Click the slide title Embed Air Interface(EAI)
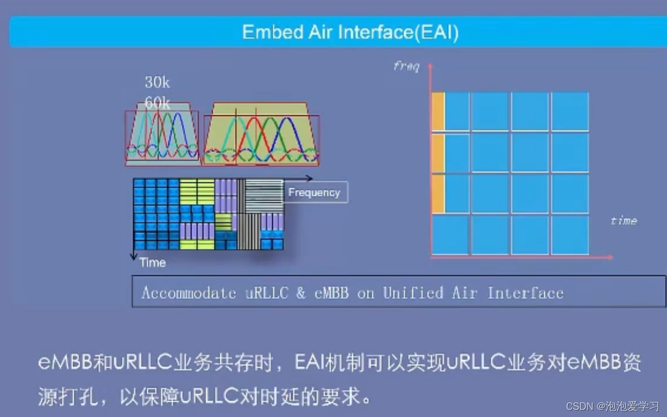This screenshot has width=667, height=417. pos(350,32)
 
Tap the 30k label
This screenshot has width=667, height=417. pos(157,83)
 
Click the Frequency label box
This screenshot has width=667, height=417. pos(315,192)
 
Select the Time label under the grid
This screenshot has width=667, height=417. pos(152,262)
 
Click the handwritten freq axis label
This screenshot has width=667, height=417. pos(406,66)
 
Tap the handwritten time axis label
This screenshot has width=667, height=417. pos(623,220)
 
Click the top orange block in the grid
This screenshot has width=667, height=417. pos(438,111)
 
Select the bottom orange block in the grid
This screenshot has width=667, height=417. pos(438,194)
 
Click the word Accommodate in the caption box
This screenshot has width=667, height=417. pos(189,293)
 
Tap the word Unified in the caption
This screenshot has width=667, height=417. pos(413,293)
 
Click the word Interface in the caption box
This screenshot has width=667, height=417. pos(525,293)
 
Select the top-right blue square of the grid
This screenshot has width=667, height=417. pos(570,111)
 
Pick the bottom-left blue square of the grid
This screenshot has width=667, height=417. pos(450,235)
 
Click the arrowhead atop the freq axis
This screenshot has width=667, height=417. pos(430,66)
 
